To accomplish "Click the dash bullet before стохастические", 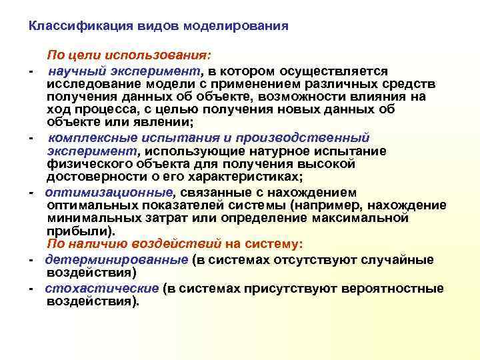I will click(31, 289).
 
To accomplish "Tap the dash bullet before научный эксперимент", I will click(31, 72).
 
